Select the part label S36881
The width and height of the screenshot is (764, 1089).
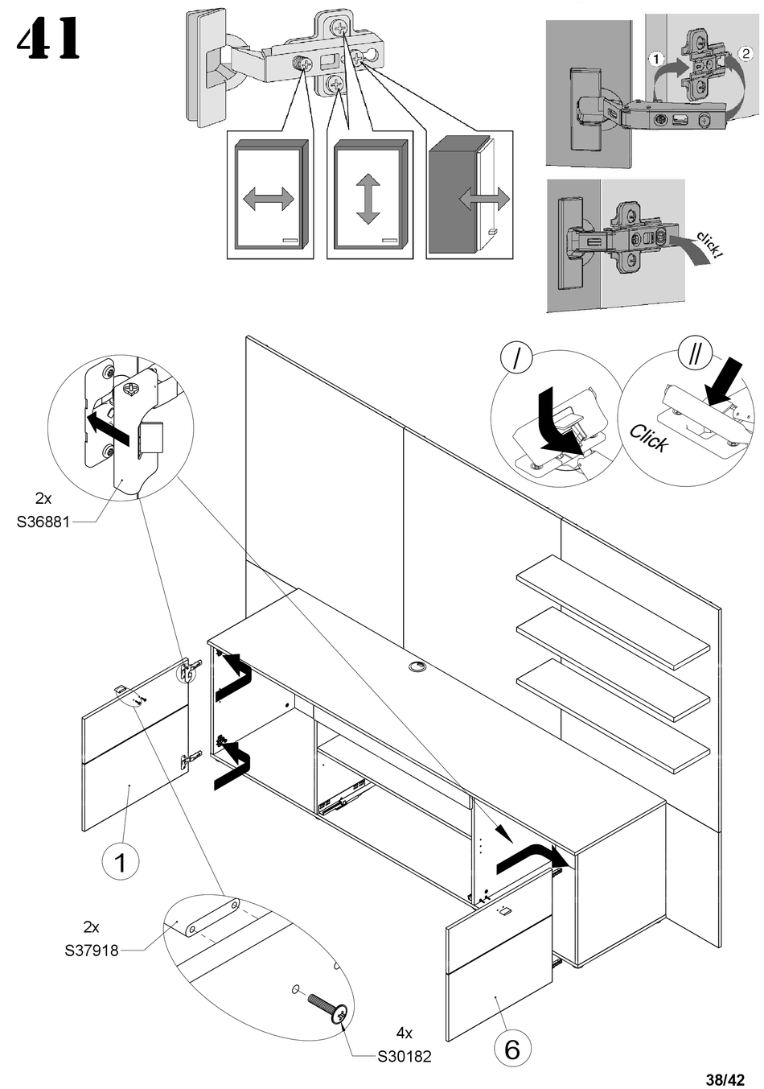pyautogui.click(x=43, y=522)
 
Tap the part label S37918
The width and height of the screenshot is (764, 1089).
pyautogui.click(x=91, y=951)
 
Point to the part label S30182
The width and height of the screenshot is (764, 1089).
pyautogui.click(x=405, y=1056)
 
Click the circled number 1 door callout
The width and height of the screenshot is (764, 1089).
pyautogui.click(x=121, y=863)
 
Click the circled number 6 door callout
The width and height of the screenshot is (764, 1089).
pyautogui.click(x=512, y=1049)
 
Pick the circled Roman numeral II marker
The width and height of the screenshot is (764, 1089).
pyautogui.click(x=695, y=352)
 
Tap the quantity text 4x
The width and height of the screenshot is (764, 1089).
pyautogui.click(x=405, y=1033)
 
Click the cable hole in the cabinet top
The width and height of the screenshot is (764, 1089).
pyautogui.click(x=418, y=666)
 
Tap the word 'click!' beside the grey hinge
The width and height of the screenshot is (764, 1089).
pyautogui.click(x=710, y=244)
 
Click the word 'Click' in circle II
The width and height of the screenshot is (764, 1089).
pyautogui.click(x=648, y=438)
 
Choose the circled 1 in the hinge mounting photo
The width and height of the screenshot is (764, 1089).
pyautogui.click(x=655, y=59)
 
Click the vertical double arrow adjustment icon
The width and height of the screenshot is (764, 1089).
pyautogui.click(x=368, y=200)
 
